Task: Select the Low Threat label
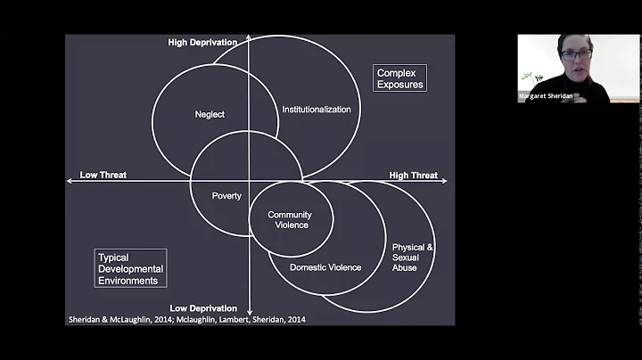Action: [103, 175]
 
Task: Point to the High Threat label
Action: [413, 176]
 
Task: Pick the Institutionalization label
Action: [317, 110]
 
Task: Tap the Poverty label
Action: [226, 196]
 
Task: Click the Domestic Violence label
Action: [325, 267]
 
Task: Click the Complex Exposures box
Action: [399, 78]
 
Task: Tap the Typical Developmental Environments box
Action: [130, 268]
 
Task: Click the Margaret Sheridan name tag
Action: [547, 96]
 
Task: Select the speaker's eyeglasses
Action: [577, 54]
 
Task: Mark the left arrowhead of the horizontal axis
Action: [70, 180]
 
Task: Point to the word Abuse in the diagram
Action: [404, 267]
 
